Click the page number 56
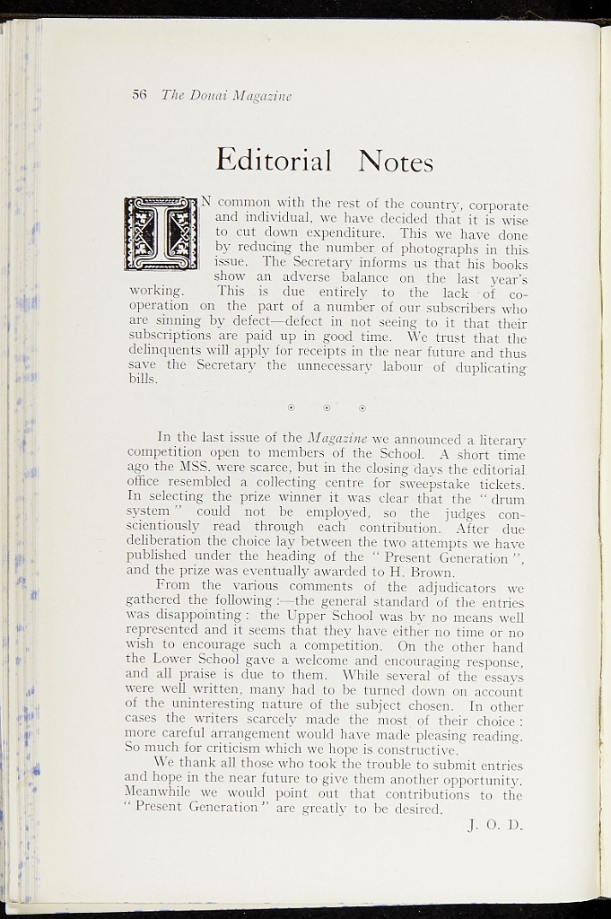click(x=139, y=95)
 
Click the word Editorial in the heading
click(x=274, y=160)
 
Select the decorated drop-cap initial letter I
click(x=161, y=233)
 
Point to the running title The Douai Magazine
click(x=226, y=96)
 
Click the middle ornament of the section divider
click(x=327, y=408)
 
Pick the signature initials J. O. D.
click(x=495, y=824)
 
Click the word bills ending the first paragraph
click(x=144, y=379)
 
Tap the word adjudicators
click(x=438, y=587)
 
